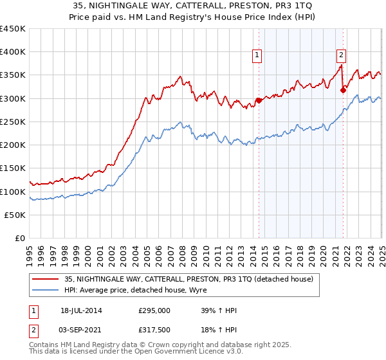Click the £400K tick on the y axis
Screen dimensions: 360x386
tap(13, 52)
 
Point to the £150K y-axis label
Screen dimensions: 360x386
tap(13, 168)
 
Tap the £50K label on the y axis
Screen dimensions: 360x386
tap(15, 215)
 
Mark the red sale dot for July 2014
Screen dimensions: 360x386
tap(259, 100)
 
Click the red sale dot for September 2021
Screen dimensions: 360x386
tap(343, 90)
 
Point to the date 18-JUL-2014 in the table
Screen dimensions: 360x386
tap(81, 311)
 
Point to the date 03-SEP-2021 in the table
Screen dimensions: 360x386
tap(81, 329)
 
